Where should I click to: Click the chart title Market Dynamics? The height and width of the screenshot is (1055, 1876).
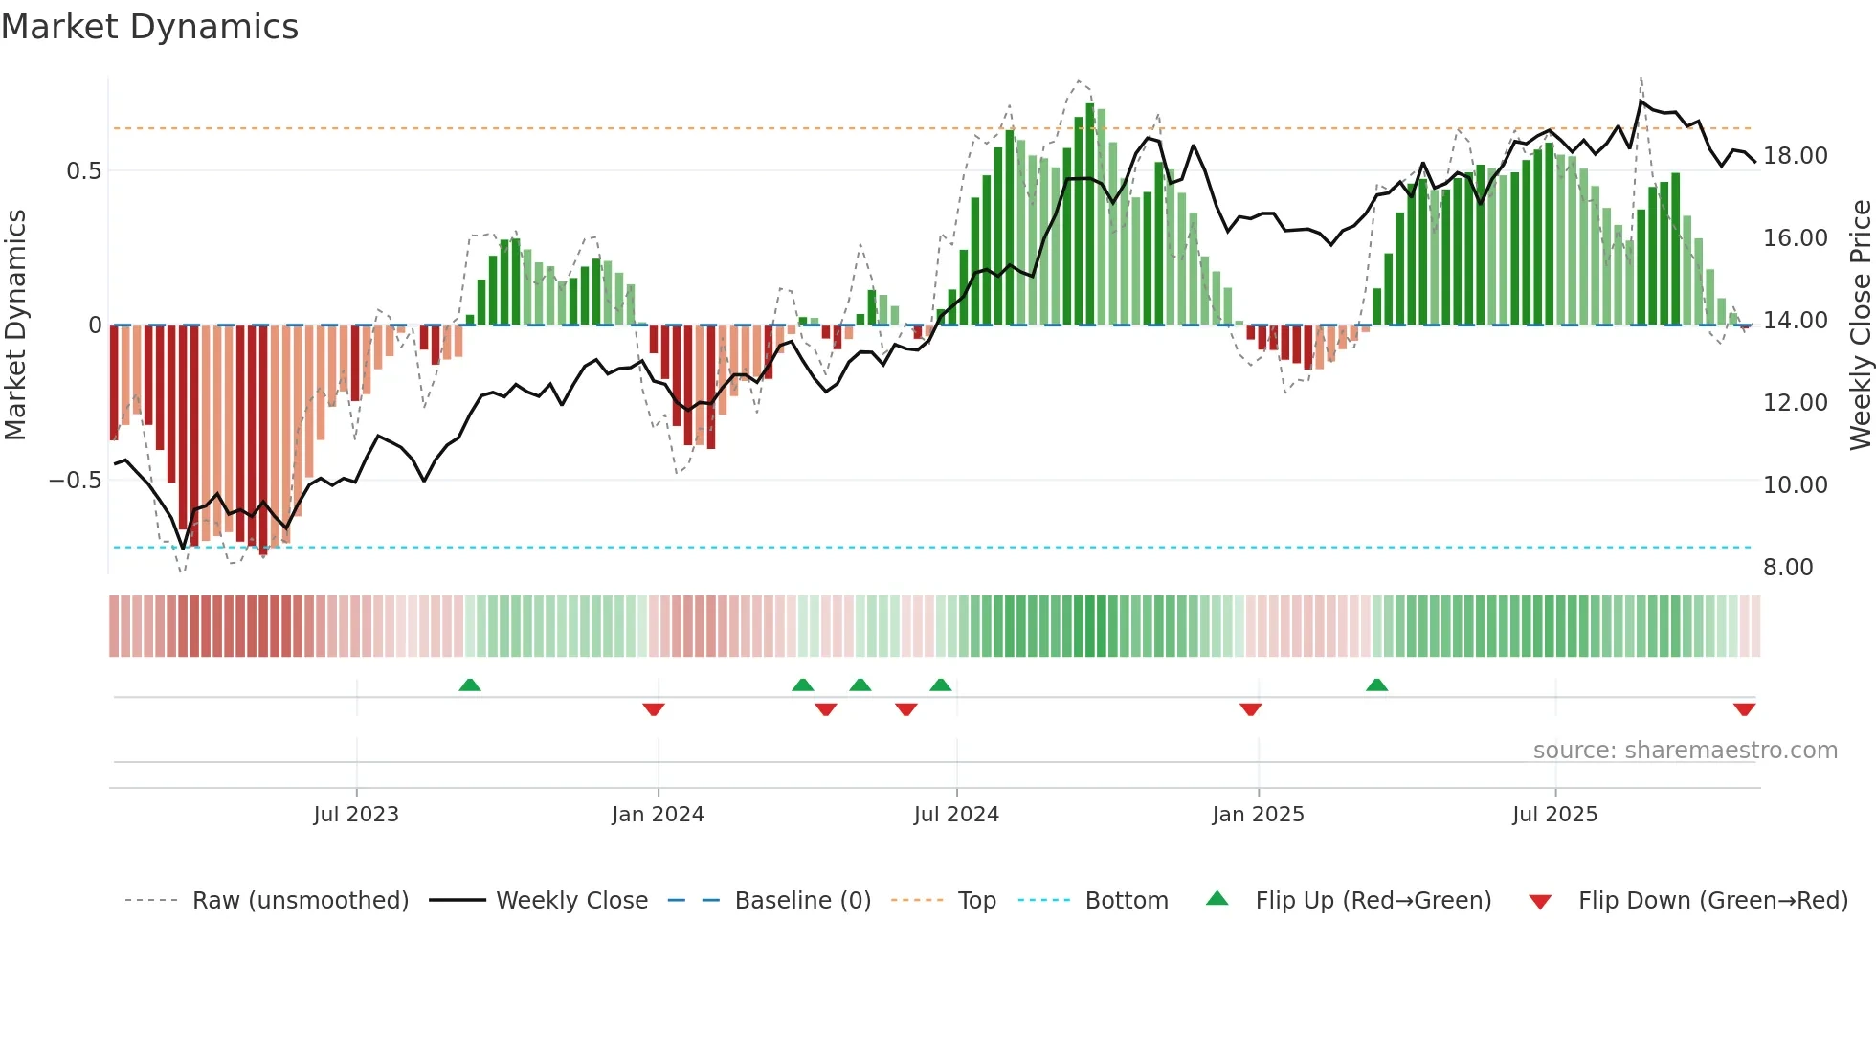point(149,27)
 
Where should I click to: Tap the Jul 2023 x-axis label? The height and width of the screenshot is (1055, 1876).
point(356,815)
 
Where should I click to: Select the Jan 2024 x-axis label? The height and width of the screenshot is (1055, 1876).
point(658,815)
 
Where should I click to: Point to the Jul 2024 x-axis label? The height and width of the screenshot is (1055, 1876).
point(956,815)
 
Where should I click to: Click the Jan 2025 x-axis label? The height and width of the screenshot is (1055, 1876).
point(1258,815)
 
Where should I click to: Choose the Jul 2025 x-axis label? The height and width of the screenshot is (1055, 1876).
point(1554,815)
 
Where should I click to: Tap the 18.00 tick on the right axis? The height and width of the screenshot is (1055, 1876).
point(1795,156)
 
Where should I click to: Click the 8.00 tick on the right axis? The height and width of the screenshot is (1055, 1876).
point(1788,568)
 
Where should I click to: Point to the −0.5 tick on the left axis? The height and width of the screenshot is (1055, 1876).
point(76,481)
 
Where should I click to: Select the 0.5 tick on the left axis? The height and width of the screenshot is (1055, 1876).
point(84,171)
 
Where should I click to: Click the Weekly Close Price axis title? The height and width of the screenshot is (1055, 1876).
point(1861,325)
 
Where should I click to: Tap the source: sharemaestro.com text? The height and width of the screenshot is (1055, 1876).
point(1685,751)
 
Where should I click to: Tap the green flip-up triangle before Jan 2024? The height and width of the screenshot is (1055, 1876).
point(469,685)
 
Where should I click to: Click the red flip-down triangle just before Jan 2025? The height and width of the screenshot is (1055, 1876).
point(1250,709)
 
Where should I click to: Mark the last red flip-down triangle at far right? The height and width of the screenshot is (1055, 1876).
point(1744,709)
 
